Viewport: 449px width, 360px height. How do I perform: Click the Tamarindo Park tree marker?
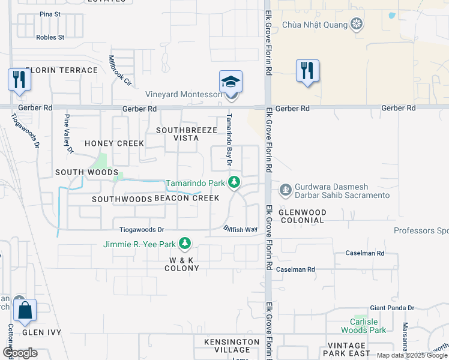coord(237,182)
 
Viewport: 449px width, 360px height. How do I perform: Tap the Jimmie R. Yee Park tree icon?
coord(185,244)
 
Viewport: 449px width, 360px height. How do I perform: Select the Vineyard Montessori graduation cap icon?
coord(231,82)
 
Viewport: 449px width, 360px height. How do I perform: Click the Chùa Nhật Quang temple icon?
coord(357,25)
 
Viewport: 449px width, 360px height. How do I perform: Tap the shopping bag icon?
coord(25,311)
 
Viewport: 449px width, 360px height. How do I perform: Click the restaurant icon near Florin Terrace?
coord(19,80)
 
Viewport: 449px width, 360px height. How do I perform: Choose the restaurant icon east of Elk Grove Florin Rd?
coord(307,70)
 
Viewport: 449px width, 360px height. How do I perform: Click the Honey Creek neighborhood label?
coord(114,143)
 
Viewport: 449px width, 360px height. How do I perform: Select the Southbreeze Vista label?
coord(177,134)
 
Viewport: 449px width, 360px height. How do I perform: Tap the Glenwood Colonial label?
coord(303,217)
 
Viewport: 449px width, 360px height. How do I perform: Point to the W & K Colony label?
coord(181,264)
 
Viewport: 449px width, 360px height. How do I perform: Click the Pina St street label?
coord(50,14)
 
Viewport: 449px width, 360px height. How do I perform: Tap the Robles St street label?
coord(50,37)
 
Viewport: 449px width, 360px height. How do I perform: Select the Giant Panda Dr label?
coord(392,308)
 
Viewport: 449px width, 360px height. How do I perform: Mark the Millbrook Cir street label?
coord(120,71)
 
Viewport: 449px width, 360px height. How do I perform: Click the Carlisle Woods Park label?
coord(364,326)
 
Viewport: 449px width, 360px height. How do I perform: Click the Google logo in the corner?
coord(20,353)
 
